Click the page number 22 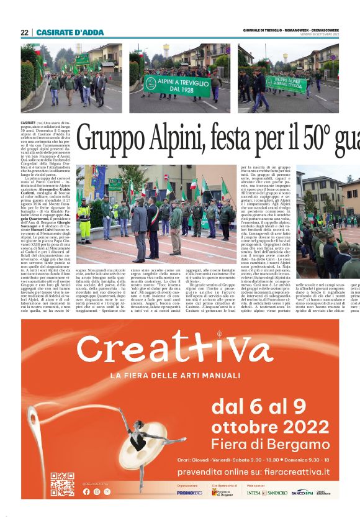tap(24, 32)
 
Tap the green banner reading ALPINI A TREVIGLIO tap(168, 84)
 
